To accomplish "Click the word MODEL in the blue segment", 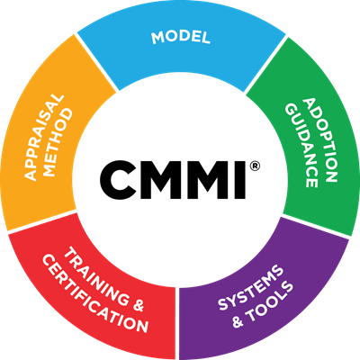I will [x=181, y=38].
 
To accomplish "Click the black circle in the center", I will [x=180, y=180].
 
